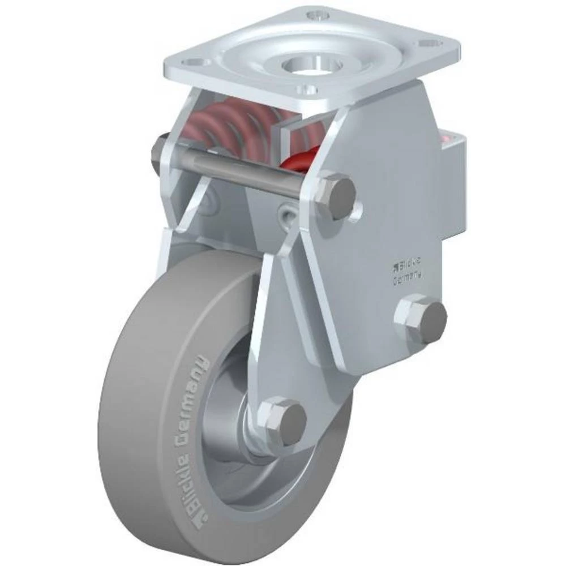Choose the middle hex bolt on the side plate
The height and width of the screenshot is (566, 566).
click(x=422, y=320)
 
